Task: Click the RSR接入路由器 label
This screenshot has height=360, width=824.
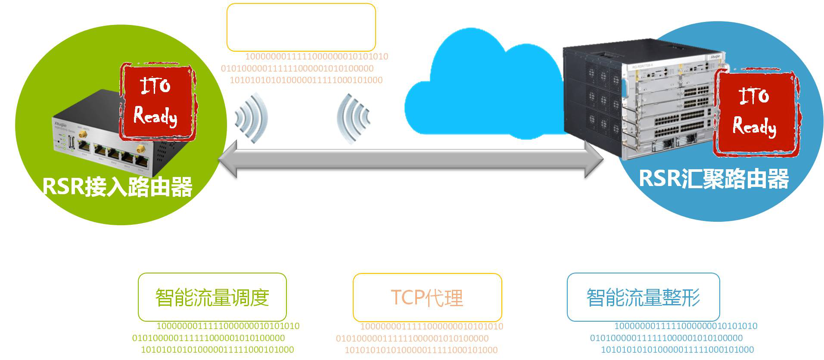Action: pos(118,187)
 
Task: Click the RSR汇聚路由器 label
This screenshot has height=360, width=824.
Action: pos(714,179)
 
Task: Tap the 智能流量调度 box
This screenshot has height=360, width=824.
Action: pos(212,297)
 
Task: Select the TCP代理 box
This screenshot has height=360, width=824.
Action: pos(427,298)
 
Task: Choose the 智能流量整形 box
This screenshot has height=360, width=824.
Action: pos(643,297)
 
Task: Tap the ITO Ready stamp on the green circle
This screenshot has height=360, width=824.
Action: pos(156,102)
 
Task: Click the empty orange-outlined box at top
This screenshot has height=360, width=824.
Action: pos(301,27)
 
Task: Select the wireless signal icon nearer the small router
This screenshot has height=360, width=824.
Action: pos(252,118)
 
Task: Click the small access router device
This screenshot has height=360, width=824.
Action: pos(103,138)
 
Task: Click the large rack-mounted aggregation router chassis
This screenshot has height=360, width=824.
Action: pos(637,99)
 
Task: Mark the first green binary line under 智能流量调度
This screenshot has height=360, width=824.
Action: pos(228,326)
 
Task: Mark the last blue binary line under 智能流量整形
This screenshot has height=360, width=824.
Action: pos(677,350)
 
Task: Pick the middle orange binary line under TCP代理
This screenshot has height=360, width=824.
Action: pos(412,338)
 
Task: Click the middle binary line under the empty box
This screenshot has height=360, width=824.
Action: pos(297,68)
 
